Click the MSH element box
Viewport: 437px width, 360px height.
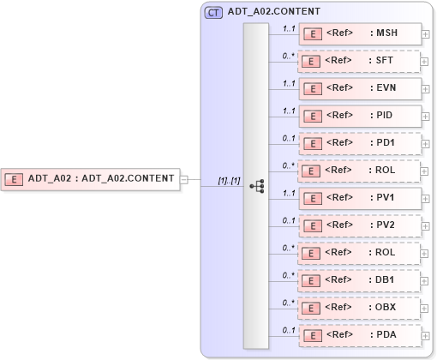[x=359, y=33]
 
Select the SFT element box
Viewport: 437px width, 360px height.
[x=359, y=61]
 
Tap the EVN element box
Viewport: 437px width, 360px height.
[x=359, y=87]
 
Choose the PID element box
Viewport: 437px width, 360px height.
[x=359, y=115]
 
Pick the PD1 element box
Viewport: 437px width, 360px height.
[x=359, y=142]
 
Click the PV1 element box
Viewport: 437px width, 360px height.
[x=359, y=197]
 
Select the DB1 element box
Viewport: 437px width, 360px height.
[x=359, y=279]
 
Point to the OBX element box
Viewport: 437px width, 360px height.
[x=359, y=307]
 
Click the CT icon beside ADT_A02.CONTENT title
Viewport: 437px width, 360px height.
[x=213, y=12]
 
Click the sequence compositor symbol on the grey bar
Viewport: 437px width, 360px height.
[x=255, y=185]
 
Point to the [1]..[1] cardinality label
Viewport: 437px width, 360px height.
[x=229, y=180]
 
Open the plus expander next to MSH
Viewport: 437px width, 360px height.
[x=425, y=38]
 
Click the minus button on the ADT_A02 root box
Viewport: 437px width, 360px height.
[x=184, y=179]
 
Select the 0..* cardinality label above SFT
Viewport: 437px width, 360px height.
[x=290, y=56]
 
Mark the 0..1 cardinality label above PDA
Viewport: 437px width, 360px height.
[x=290, y=330]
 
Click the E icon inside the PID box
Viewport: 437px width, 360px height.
[x=314, y=116]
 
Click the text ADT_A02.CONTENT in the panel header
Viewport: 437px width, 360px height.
[x=274, y=12]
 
